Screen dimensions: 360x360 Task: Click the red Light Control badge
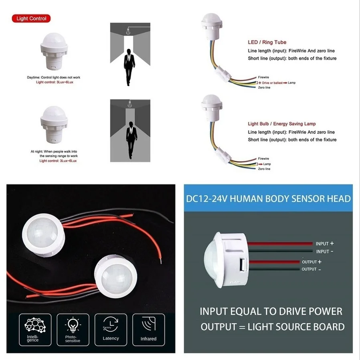click(x=31, y=18)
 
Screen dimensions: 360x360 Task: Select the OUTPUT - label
click(x=311, y=269)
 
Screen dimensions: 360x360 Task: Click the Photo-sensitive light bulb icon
click(x=73, y=325)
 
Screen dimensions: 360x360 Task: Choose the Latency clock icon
click(x=110, y=324)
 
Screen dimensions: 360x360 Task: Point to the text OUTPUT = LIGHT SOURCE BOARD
click(x=272, y=327)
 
